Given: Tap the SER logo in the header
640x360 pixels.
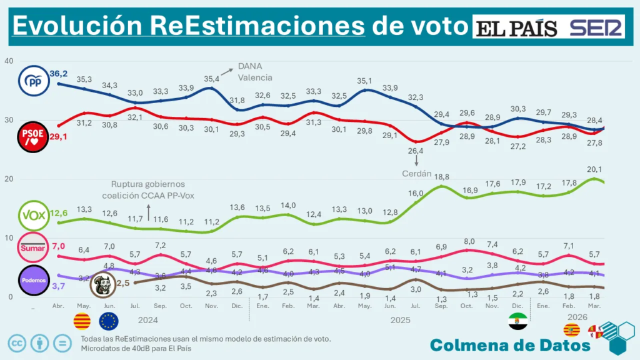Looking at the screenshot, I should tap(596, 27).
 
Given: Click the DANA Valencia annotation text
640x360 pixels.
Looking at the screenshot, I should tap(254, 72).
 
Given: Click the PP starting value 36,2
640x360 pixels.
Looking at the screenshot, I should tap(59, 73).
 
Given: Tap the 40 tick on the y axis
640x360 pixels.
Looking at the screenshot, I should tap(8, 61).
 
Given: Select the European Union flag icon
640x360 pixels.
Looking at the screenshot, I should tap(109, 321).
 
